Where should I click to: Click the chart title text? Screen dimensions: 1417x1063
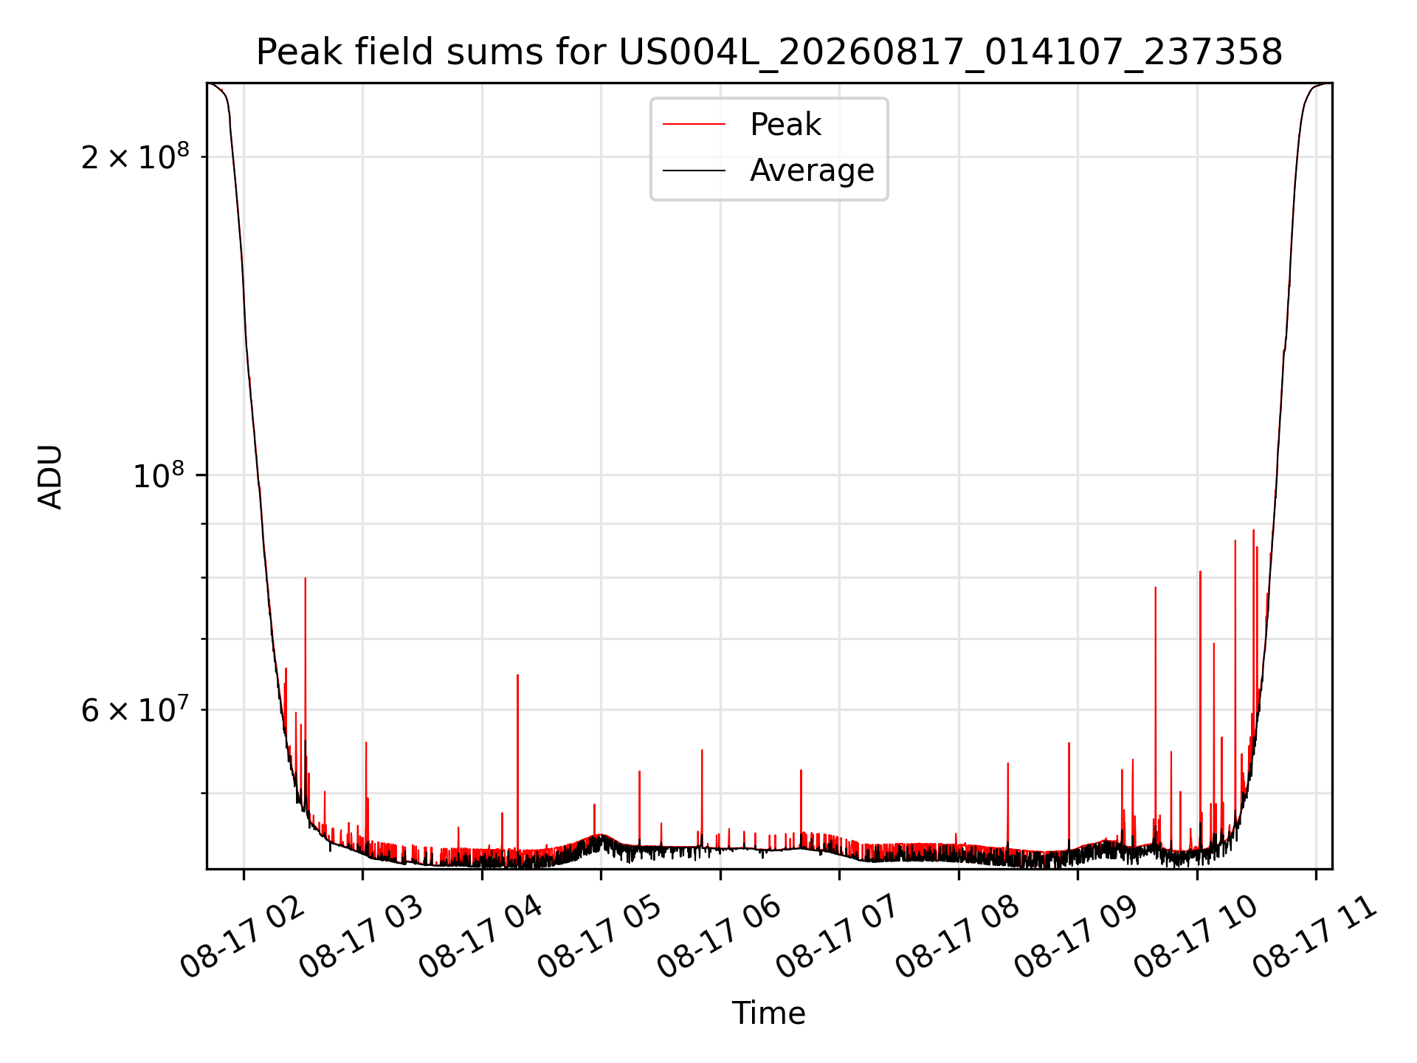769,53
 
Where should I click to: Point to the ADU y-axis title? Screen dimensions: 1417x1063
50,476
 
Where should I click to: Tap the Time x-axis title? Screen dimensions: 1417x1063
768,1014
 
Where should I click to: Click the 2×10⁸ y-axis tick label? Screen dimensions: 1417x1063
135,156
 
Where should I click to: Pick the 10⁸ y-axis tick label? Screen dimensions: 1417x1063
161,475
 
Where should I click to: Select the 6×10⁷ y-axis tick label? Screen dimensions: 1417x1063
135,709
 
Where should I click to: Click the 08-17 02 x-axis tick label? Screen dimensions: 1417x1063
242,936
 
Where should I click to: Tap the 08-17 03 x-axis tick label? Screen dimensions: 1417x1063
362,936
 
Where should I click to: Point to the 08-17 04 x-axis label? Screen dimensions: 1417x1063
481,936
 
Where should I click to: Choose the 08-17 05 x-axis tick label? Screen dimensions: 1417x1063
600,936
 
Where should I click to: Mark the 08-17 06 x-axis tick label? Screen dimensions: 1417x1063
720,936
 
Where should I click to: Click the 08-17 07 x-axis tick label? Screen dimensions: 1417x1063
838,936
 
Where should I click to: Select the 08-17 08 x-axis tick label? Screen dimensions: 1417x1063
958,936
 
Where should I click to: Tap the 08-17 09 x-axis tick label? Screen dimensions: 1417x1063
1077,936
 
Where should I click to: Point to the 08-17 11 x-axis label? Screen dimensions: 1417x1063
1315,936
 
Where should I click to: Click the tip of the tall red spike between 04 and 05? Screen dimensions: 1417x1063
517,675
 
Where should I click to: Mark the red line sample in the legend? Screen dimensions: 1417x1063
694,125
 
